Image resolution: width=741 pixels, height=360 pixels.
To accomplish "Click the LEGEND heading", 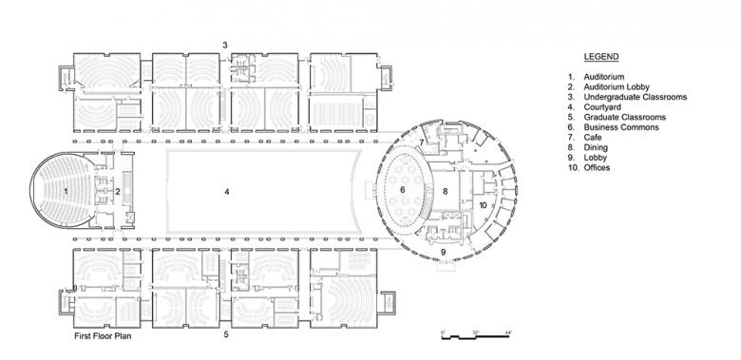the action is pyautogui.click(x=601, y=57).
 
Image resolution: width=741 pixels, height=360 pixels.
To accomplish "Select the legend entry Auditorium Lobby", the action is pyautogui.click(x=617, y=87).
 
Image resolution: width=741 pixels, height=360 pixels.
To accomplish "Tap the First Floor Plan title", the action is pyautogui.click(x=103, y=336).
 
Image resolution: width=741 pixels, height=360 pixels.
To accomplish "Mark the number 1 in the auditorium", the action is pyautogui.click(x=66, y=191).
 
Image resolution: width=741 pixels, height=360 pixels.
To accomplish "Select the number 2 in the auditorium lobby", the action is pyautogui.click(x=118, y=191).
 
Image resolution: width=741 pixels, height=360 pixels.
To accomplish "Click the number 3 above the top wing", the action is pyautogui.click(x=225, y=46).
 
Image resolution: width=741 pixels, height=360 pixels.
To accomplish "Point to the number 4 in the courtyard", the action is pyautogui.click(x=227, y=192).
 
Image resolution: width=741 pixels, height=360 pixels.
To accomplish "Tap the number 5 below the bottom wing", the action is pyautogui.click(x=226, y=335).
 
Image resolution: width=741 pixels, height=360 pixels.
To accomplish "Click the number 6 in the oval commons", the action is pyautogui.click(x=403, y=190).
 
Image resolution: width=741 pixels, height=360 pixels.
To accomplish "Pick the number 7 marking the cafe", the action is pyautogui.click(x=422, y=142).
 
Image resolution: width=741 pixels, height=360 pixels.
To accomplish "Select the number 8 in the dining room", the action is pyautogui.click(x=445, y=191).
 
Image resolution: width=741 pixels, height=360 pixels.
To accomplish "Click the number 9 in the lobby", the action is pyautogui.click(x=444, y=252).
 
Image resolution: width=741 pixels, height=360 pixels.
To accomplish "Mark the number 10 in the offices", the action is pyautogui.click(x=483, y=205).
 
